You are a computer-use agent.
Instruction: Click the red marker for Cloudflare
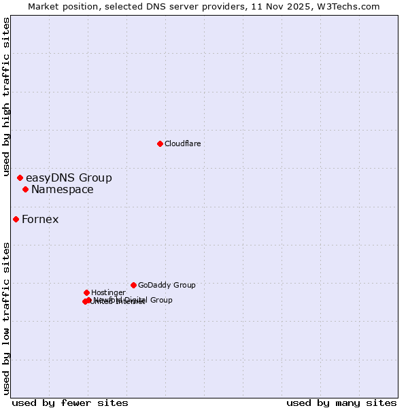click(x=160, y=143)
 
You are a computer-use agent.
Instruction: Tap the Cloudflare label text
click(x=182, y=143)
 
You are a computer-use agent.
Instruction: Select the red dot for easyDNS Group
click(x=20, y=177)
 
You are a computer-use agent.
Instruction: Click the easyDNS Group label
click(x=69, y=178)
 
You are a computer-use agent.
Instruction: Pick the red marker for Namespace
click(x=25, y=189)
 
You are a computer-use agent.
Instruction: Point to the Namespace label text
click(x=62, y=190)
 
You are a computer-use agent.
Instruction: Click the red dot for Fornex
click(x=16, y=219)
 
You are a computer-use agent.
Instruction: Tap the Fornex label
click(x=40, y=220)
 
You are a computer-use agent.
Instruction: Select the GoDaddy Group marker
click(x=133, y=285)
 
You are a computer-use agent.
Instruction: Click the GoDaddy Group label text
click(x=167, y=286)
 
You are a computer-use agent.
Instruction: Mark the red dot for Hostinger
click(x=86, y=292)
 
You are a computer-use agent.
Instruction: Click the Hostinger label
click(x=108, y=293)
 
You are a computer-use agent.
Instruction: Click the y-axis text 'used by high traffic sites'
click(x=7, y=97)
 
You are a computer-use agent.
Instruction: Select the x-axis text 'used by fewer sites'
click(x=70, y=403)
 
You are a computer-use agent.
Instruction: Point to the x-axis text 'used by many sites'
click(x=341, y=403)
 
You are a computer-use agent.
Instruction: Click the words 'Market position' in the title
click(x=60, y=7)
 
